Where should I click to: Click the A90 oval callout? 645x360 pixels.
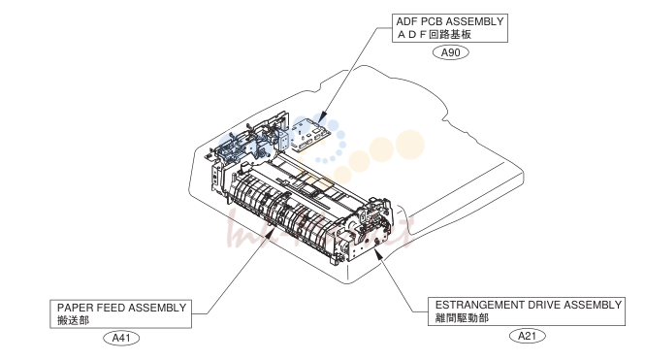[x=450, y=52]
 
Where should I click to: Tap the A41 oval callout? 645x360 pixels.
[x=121, y=338]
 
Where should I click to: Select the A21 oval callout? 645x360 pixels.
[x=527, y=336]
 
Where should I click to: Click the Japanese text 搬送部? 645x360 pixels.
[x=73, y=320]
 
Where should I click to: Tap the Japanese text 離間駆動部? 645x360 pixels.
[x=462, y=317]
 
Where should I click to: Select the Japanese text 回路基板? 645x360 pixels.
[x=450, y=34]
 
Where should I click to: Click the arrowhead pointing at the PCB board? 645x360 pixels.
[x=322, y=116]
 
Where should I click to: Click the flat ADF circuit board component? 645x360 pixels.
[x=310, y=134]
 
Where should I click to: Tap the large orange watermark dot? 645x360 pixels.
[x=409, y=145]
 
